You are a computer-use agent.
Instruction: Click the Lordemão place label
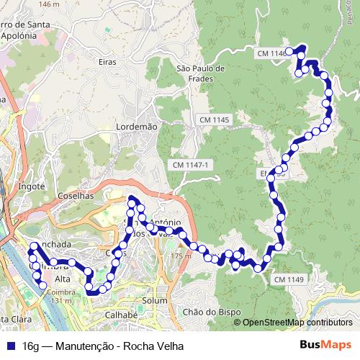(x=136, y=127)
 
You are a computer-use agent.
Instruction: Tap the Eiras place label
(x=107, y=63)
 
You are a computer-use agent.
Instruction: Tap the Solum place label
(x=155, y=300)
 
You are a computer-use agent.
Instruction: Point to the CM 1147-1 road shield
(x=191, y=166)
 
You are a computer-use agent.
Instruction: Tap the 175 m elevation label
(x=182, y=256)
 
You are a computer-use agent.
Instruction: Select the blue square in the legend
(x=12, y=346)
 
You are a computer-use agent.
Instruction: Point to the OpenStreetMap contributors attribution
(x=297, y=323)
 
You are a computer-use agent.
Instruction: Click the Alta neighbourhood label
(x=63, y=279)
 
